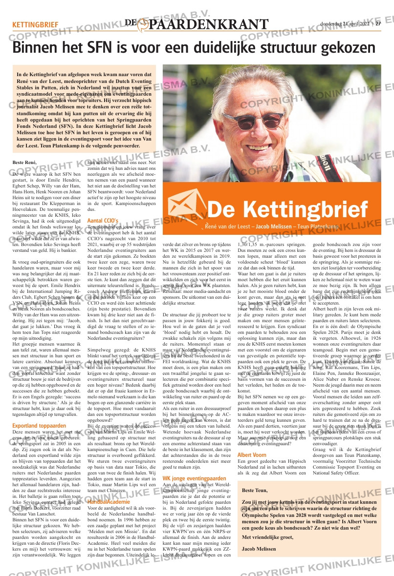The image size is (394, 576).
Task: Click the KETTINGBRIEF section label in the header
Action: pos(35,24)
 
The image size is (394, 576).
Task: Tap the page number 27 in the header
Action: pos(378,24)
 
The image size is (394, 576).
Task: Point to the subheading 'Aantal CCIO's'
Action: pos(103,221)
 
